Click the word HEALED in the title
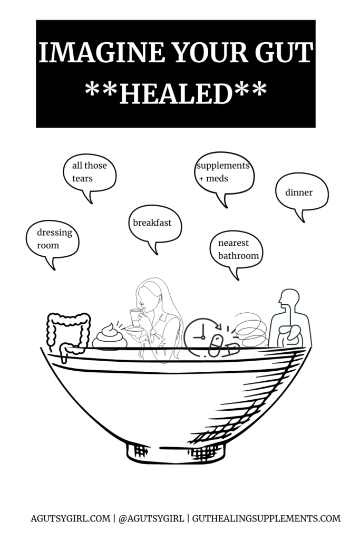point(176,93)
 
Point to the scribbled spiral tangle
point(251,330)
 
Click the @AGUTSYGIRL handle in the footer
point(151,518)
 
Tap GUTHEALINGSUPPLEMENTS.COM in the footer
point(266,518)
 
